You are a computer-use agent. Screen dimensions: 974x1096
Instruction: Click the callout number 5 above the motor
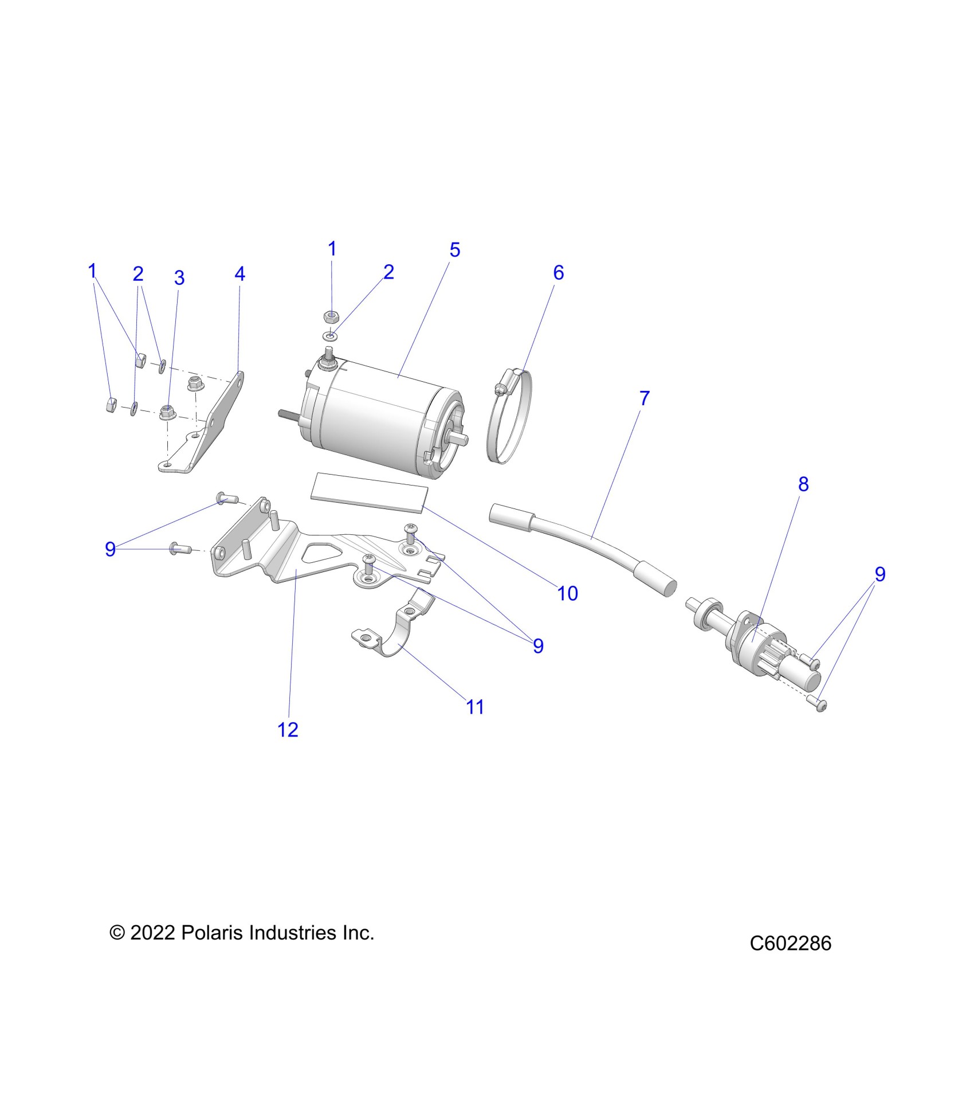click(x=454, y=250)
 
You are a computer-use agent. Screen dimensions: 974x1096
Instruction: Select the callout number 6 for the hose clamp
click(x=558, y=273)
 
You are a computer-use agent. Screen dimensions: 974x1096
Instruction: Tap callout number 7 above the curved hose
click(x=644, y=398)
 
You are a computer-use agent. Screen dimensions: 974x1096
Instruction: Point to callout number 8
click(x=803, y=484)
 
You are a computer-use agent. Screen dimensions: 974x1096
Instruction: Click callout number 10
click(x=567, y=593)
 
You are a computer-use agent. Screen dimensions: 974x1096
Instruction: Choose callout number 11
click(x=475, y=707)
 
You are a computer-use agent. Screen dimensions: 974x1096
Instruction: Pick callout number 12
click(x=288, y=730)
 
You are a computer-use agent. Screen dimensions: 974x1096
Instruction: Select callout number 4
click(x=239, y=274)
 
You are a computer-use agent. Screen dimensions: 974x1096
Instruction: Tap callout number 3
click(x=179, y=278)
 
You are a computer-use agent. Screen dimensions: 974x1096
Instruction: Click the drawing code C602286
click(x=790, y=944)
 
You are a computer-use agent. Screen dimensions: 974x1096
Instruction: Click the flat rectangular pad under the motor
click(x=369, y=492)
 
